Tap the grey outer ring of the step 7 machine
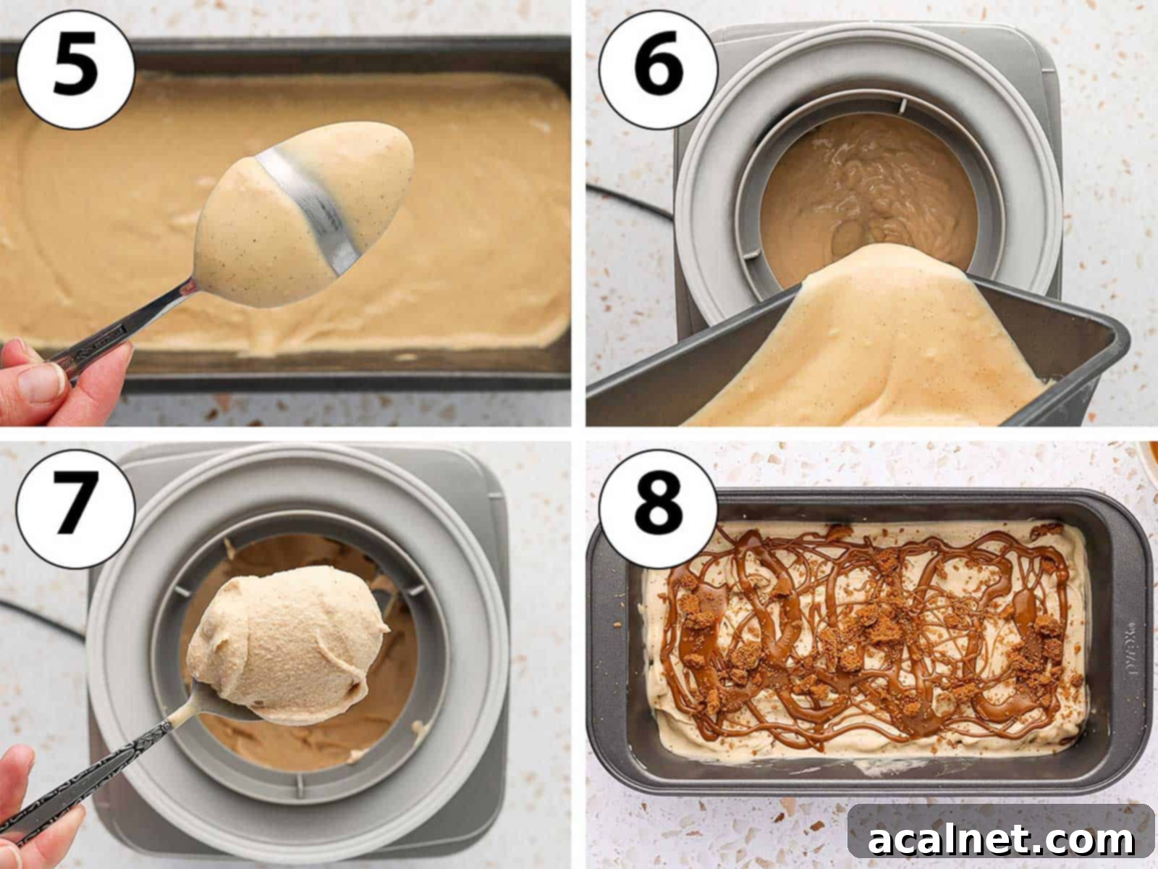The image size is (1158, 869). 123,652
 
